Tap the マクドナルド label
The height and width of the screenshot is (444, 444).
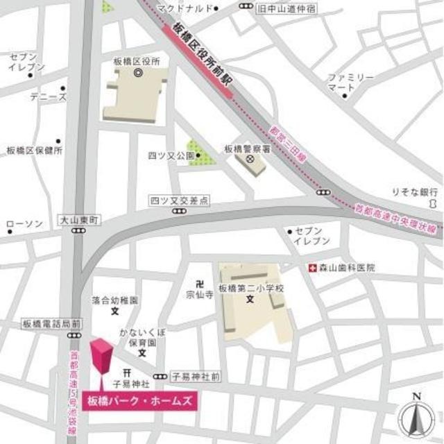183,8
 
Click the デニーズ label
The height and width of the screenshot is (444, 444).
48,97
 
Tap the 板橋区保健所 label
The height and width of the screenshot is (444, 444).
35,151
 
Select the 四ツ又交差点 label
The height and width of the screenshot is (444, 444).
180,200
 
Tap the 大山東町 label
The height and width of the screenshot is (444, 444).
79,219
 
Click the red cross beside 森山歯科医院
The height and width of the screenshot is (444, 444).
312,267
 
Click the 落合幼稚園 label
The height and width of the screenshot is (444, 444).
115,301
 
